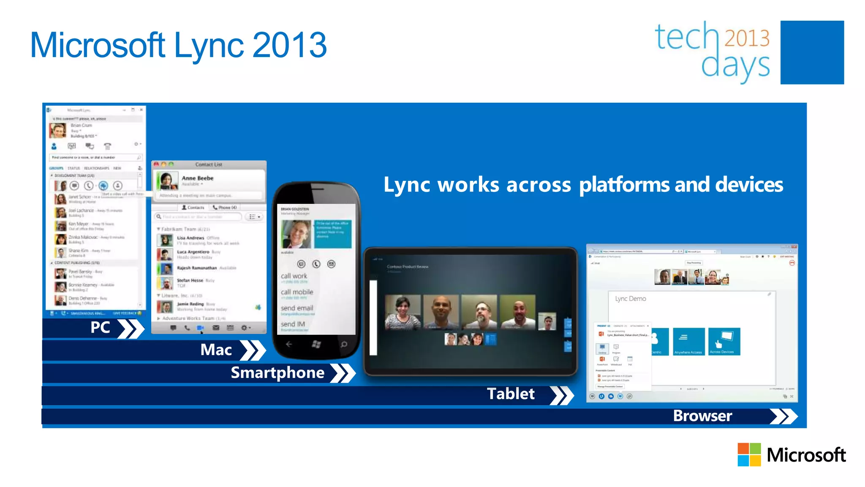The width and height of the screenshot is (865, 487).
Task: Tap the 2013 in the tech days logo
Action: (747, 38)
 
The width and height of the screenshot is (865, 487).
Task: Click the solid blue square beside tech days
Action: (812, 52)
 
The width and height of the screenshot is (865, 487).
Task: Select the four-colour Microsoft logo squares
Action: (749, 454)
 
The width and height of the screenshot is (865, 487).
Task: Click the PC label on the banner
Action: (100, 328)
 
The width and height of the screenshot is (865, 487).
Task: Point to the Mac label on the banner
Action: (216, 350)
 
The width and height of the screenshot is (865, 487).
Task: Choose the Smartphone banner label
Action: (277, 373)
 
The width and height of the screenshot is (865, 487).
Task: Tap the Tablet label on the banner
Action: (511, 394)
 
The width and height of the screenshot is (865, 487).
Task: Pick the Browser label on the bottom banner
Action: (702, 416)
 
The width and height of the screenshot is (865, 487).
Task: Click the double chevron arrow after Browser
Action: (783, 416)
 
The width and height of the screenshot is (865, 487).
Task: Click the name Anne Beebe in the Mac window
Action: (197, 178)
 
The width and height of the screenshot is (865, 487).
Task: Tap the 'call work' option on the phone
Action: (294, 276)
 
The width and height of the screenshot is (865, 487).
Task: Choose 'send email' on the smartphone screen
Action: (297, 308)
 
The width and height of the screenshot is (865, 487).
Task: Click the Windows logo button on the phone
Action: (316, 345)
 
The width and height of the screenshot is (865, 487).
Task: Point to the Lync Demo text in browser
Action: (630, 298)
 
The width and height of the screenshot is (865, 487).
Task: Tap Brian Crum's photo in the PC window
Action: (58, 131)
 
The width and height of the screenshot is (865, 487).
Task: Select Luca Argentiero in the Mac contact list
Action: (193, 252)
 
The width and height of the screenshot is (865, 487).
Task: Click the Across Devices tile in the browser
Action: (724, 342)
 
